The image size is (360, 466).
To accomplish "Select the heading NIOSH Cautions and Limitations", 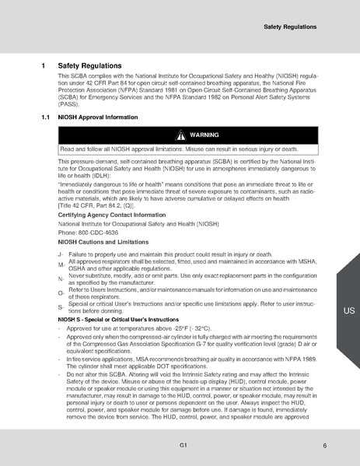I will click(103, 242).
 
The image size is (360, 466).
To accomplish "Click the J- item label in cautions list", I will click(61, 255).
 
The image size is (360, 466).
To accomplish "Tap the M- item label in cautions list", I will click(61, 265).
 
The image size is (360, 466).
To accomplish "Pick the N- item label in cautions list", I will click(61, 279).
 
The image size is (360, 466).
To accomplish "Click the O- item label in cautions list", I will click(61, 293).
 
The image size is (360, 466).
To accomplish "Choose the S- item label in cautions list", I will click(61, 307).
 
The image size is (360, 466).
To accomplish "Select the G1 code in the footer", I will click(180, 445).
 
